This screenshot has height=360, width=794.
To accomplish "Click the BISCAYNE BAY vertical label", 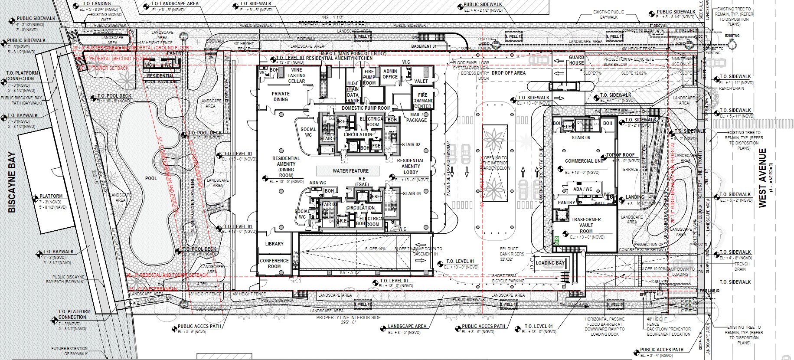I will point(12,182).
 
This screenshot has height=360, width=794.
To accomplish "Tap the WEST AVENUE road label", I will point(763,177).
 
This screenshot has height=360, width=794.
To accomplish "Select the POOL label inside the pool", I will point(151,178).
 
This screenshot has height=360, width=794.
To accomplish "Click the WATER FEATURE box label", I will point(350,171).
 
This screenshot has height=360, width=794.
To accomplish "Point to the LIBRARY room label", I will point(274,244).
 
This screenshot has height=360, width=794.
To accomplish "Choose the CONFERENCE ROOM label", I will point(274,263).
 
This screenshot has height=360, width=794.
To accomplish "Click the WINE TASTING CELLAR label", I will point(297,75).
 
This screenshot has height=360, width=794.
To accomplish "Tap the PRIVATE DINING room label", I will point(280,96).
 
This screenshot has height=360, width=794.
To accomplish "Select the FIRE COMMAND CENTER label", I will point(422,101).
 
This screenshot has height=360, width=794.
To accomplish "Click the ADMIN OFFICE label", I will point(390,74).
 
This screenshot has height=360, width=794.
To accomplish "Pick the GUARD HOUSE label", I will point(576,60).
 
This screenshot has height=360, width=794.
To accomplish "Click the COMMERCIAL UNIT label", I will point(585,161).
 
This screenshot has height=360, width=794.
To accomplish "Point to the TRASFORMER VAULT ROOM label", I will point(586,225).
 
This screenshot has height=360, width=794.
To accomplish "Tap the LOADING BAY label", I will point(550,263).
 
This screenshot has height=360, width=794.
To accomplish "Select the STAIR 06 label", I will point(581,137).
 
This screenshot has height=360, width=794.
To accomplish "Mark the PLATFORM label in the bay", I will point(51,196).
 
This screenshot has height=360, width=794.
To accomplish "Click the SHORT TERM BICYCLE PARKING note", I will point(508,278).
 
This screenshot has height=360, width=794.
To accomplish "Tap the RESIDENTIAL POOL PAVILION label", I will point(161,79).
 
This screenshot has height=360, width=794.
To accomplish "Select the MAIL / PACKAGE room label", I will point(416,117).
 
